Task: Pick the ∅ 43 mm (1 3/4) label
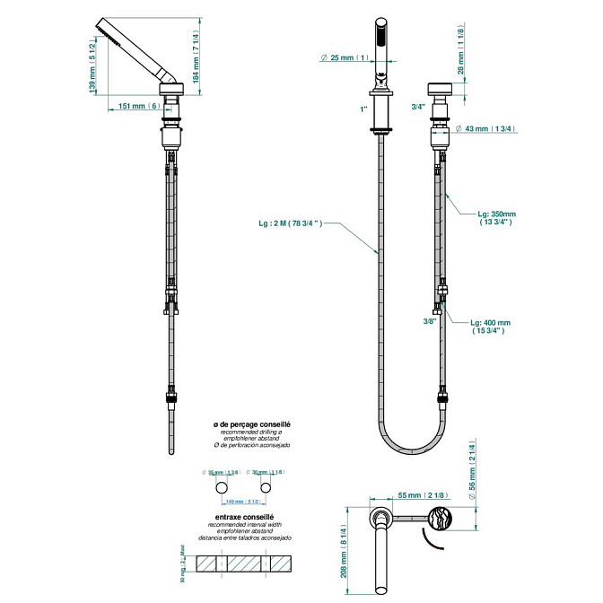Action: click(x=485, y=129)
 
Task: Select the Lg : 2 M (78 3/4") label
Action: click(x=287, y=223)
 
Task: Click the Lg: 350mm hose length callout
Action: click(x=502, y=220)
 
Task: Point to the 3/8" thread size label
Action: click(x=430, y=320)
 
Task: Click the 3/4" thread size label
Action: click(x=417, y=106)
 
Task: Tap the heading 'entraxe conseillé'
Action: click(x=251, y=516)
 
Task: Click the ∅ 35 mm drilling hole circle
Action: click(x=220, y=486)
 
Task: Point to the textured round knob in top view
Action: click(x=441, y=520)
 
